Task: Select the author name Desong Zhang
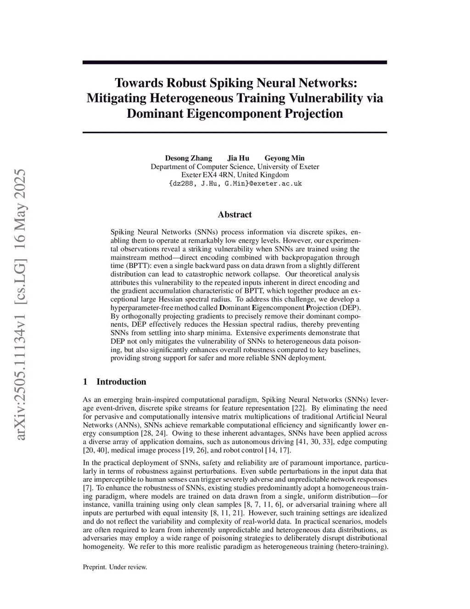pyautogui.click(x=188, y=158)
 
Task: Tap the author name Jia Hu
pyautogui.click(x=238, y=158)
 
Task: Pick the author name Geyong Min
pyautogui.click(x=285, y=158)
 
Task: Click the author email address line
pyautogui.click(x=235, y=183)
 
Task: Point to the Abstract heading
pyautogui.click(x=235, y=215)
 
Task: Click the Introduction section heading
pyautogui.click(x=121, y=381)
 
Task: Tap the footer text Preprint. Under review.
pyautogui.click(x=115, y=567)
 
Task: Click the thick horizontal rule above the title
pyautogui.click(x=235, y=62)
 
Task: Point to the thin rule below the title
pyautogui.click(x=235, y=132)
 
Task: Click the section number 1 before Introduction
pyautogui.click(x=85, y=381)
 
